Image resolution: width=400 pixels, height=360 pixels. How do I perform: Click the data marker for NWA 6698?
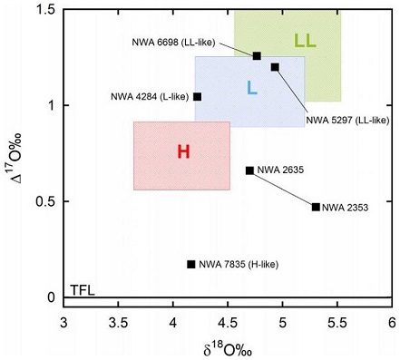(x=257, y=55)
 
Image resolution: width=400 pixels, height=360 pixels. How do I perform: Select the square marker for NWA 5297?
(x=275, y=67)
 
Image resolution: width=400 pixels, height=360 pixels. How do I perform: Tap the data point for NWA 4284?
(x=197, y=96)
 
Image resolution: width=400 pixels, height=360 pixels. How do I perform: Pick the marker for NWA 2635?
(x=249, y=170)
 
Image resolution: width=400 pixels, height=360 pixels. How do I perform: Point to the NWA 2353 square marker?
(x=316, y=207)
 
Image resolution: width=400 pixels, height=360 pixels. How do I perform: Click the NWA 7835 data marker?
(x=190, y=264)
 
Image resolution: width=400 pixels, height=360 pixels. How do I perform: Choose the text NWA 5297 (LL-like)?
(x=347, y=119)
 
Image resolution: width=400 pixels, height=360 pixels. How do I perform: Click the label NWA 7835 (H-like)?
(x=239, y=264)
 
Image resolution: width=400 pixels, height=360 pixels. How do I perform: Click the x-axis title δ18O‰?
(x=228, y=346)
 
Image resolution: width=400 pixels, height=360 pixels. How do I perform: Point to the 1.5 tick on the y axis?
(x=44, y=9)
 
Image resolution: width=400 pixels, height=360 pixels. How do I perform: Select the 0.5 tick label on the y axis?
(x=44, y=201)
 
